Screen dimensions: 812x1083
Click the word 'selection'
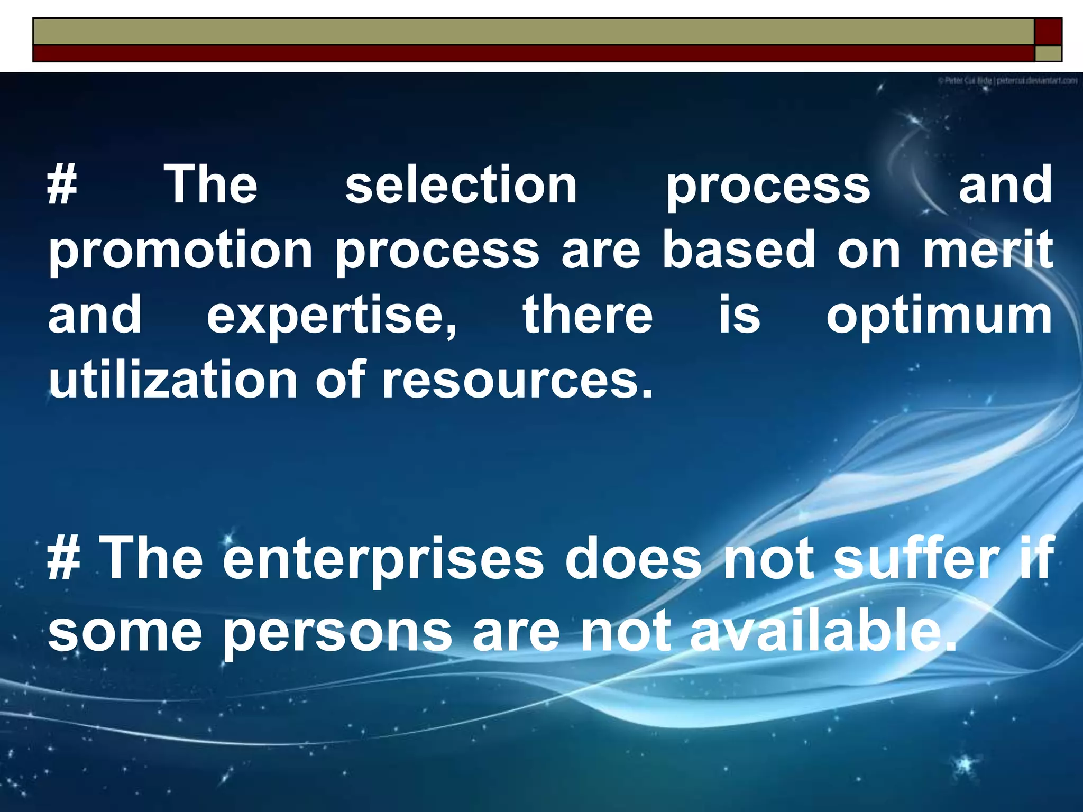[x=461, y=184]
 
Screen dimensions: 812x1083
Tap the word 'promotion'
[x=181, y=252]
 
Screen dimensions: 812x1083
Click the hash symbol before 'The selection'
[x=62, y=184]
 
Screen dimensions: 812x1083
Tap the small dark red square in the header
[x=1048, y=31]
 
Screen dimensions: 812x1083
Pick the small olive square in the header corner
[x=1048, y=53]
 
